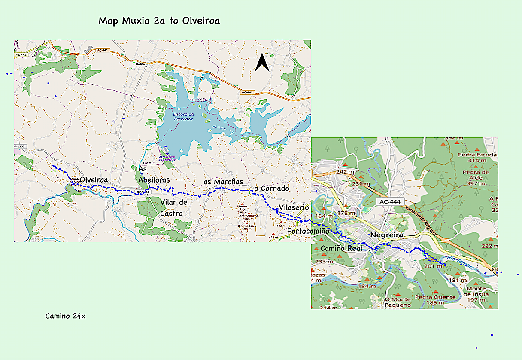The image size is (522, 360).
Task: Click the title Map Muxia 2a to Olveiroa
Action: [159, 21]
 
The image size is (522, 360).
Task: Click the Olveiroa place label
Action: [94, 180]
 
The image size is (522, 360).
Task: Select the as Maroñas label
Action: [223, 182]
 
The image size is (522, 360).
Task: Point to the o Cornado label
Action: [272, 189]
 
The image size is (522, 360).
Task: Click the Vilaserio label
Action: [294, 208]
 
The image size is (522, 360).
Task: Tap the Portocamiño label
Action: [308, 231]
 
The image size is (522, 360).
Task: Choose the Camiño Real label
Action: [341, 248]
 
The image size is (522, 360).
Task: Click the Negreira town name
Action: [386, 235]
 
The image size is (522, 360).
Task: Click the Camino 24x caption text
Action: [65, 316]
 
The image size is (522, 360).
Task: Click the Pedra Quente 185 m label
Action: [435, 299]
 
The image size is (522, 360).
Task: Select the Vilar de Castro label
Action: [173, 208]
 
